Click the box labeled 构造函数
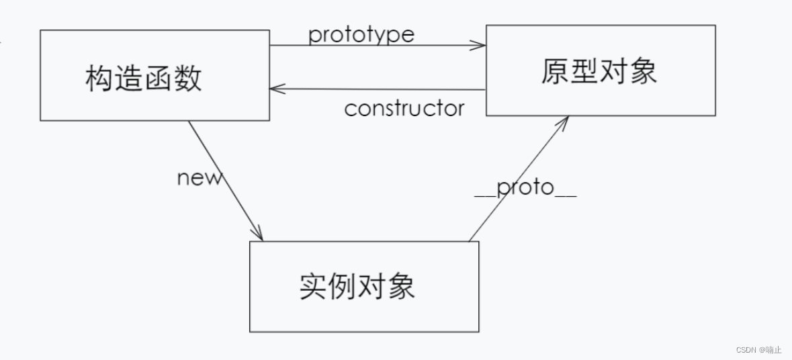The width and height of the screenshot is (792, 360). [x=155, y=75]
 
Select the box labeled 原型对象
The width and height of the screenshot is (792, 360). [x=600, y=71]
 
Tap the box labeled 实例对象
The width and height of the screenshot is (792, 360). [x=363, y=286]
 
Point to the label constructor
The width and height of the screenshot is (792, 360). [x=404, y=108]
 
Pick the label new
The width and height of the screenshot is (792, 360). [x=199, y=178]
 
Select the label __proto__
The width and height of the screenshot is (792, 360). [x=525, y=188]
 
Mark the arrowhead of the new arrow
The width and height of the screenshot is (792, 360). [x=259, y=234]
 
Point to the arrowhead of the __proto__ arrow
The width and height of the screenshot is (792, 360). [x=566, y=122]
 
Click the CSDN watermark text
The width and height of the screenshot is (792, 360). [x=758, y=350]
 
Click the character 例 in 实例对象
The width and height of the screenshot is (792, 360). [x=343, y=287]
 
